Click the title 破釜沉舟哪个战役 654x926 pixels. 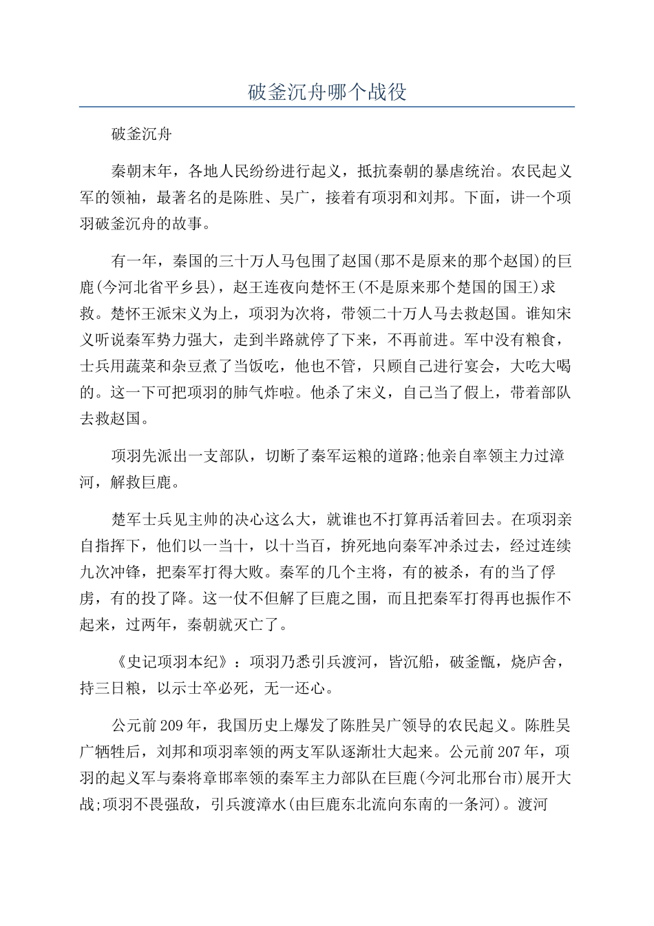[327, 92]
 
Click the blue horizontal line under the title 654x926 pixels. [327, 107]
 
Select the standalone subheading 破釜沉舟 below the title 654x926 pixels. [141, 134]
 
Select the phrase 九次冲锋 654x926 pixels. [111, 571]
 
